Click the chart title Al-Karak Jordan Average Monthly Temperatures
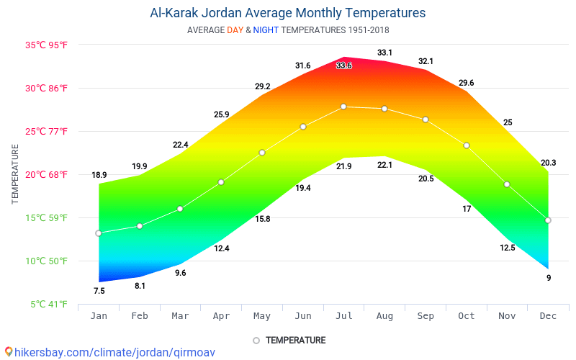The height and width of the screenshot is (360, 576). click(287, 13)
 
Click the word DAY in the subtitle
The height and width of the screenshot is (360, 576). click(235, 30)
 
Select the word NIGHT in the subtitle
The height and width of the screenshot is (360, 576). click(266, 30)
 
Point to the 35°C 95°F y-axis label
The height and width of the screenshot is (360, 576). click(47, 45)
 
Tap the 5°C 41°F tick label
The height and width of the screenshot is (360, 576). click(49, 305)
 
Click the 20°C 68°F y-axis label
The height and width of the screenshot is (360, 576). click(47, 175)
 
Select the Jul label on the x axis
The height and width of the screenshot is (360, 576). click(343, 316)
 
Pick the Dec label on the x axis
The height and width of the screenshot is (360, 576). click(548, 316)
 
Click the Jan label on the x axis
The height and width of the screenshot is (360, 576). click(99, 316)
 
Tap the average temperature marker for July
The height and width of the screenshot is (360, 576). click(343, 107)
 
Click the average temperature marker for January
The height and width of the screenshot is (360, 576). click(99, 233)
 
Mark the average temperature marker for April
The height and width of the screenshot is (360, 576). click(221, 182)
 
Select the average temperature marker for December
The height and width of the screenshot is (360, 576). click(548, 220)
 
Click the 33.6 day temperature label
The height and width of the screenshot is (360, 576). click(344, 66)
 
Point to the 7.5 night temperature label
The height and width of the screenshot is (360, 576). click(99, 291)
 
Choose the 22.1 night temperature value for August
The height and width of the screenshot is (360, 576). click(385, 166)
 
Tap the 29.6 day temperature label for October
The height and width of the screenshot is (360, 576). click(467, 83)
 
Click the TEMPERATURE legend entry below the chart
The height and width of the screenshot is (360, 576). click(295, 340)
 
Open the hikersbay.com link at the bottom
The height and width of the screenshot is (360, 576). click(109, 353)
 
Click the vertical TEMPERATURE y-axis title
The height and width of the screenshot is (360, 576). click(15, 174)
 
